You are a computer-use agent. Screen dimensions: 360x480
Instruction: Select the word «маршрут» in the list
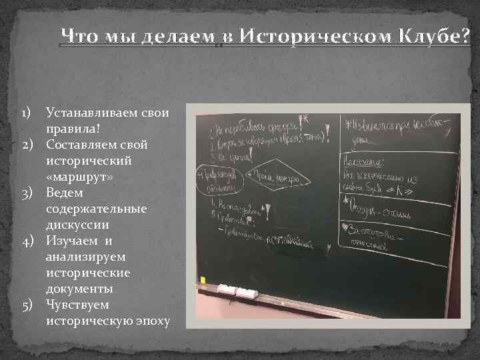point(80,177)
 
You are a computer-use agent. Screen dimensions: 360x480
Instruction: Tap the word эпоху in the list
point(151,321)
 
